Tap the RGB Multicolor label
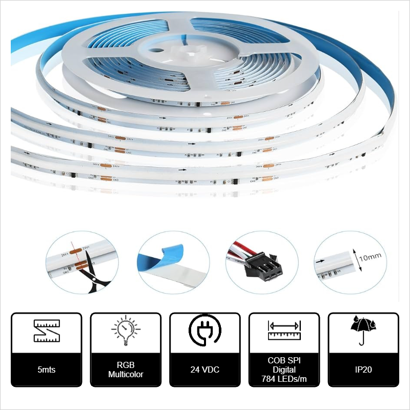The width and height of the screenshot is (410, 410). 126,370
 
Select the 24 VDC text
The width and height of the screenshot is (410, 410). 204,369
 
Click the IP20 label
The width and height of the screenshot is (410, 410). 363,369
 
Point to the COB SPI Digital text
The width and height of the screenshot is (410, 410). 284,364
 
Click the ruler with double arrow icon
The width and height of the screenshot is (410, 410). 284,331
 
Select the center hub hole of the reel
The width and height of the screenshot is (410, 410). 154,51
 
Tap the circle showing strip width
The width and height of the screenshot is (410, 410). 348,264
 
